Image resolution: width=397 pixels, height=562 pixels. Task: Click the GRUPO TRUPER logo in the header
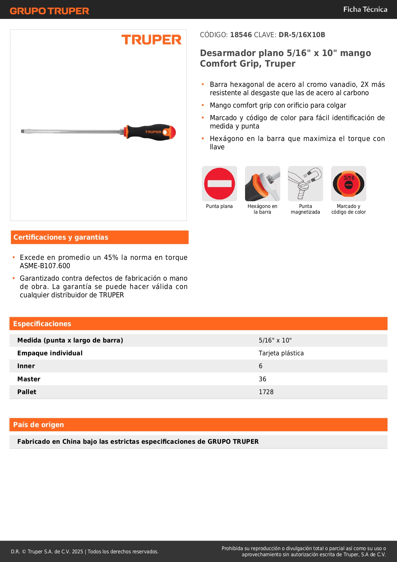50,11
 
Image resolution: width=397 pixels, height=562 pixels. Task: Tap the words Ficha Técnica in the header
365,10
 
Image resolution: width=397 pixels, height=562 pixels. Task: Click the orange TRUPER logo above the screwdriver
151,40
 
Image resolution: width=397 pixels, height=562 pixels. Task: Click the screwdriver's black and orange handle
150,132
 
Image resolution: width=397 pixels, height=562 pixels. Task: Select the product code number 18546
241,35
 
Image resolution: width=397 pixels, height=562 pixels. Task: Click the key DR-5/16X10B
302,35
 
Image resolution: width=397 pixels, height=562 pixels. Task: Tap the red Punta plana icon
219,184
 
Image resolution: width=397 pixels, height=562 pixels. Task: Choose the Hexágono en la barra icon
262,184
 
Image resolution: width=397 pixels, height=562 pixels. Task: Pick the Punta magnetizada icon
306,184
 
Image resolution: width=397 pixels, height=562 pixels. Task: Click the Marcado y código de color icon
348,184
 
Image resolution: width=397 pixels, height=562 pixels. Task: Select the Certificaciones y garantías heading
61,237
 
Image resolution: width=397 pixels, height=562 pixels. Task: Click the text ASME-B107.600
45,266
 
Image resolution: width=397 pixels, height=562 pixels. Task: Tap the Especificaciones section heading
42,324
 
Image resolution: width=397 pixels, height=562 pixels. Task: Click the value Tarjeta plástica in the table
281,353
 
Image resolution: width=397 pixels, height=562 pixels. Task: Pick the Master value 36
262,379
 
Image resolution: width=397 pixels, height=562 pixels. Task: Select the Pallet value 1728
266,392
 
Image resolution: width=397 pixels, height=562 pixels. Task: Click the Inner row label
26,366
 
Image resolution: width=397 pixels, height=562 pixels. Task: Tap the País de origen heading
38,425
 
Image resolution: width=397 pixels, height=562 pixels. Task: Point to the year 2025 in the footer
77,551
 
